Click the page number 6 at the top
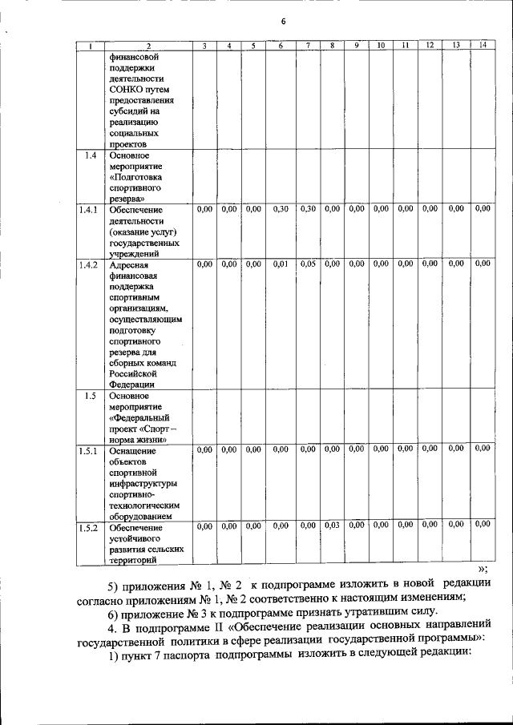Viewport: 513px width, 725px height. [283, 21]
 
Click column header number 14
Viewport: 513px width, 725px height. [481, 46]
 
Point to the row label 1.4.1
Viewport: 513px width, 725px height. [88, 210]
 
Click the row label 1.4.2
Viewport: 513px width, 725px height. [88, 264]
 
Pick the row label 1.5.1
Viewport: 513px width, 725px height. [88, 450]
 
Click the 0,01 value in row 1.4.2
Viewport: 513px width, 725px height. [281, 264]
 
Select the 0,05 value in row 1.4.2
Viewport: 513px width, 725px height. [308, 264]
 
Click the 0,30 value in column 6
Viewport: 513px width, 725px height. [281, 209]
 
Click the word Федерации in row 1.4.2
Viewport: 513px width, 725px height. [132, 384]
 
